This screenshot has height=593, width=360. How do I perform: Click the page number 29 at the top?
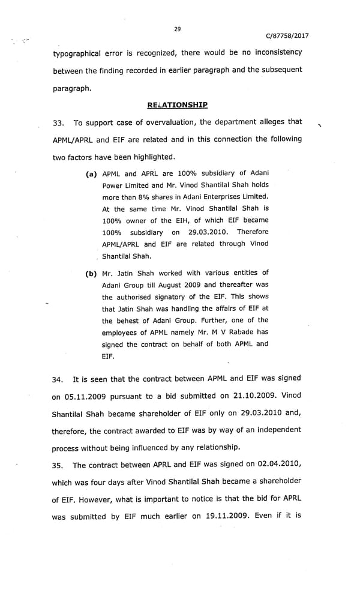click(x=178, y=28)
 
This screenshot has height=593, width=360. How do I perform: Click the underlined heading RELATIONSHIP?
click(x=178, y=105)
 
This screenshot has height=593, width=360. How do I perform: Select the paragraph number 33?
click(x=58, y=123)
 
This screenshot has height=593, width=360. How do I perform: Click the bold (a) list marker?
click(x=92, y=173)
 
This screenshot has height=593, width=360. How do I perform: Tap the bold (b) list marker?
click(x=92, y=274)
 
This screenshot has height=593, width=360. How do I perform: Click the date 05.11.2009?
click(x=83, y=397)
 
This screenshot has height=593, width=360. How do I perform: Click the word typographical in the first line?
click(x=80, y=52)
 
